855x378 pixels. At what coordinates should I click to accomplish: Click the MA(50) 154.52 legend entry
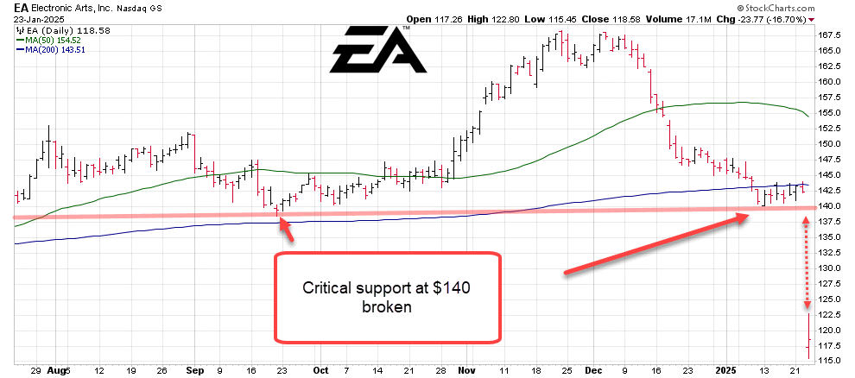51,40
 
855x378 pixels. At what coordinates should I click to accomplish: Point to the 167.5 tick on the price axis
830,35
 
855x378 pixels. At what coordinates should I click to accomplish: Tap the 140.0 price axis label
830,206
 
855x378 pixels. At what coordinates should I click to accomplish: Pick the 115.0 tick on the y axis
830,360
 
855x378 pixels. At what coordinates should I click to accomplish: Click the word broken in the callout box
386,306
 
